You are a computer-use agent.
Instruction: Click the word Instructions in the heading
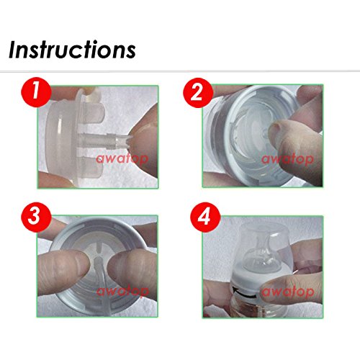[x=72, y=50]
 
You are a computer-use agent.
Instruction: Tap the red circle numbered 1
[x=36, y=91]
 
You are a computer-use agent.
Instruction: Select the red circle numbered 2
[x=198, y=93]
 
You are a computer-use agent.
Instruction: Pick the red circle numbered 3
[x=36, y=217]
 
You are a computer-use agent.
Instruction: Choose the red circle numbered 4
[x=205, y=217]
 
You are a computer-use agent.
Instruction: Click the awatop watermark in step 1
[x=122, y=158]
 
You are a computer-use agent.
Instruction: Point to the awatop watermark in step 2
[x=287, y=159]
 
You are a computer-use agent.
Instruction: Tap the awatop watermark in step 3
[x=122, y=292]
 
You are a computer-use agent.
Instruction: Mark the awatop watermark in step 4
[x=288, y=292]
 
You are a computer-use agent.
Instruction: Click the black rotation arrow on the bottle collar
[x=244, y=294]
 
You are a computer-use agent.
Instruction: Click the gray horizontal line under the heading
[x=180, y=71]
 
